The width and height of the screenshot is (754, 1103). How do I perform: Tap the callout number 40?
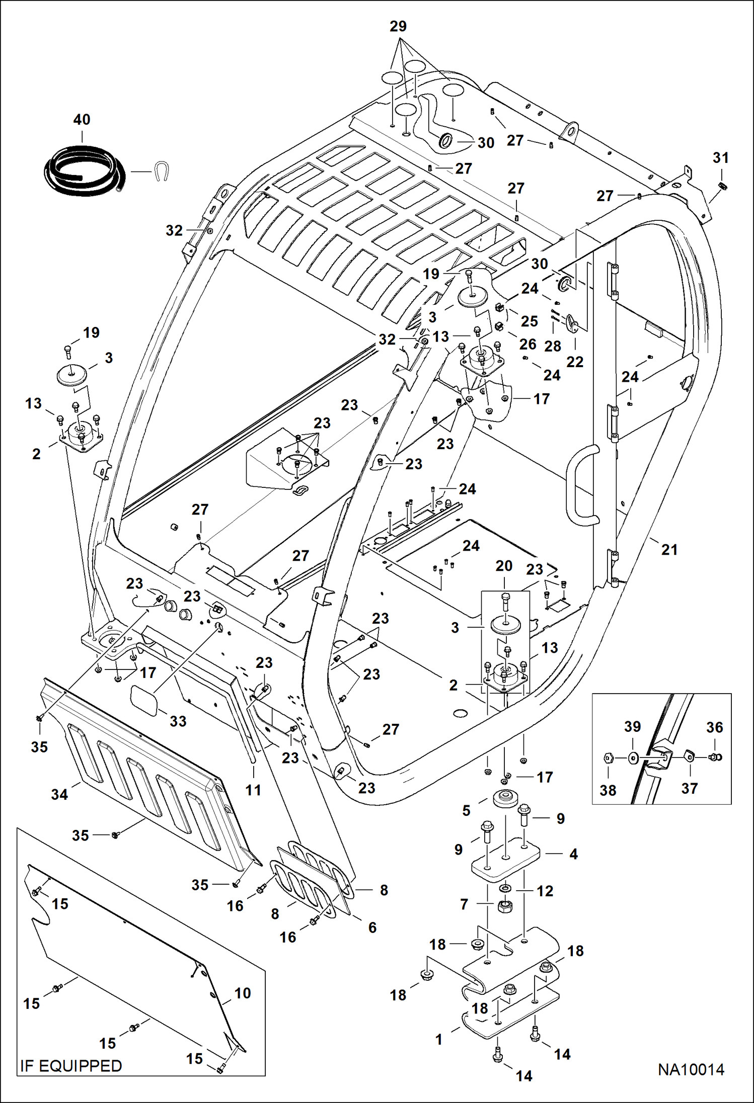click(82, 120)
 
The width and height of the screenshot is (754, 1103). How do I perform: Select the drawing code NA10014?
click(691, 1070)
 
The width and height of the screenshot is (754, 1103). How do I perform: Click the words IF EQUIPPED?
click(71, 1066)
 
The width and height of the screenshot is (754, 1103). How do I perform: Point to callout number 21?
click(669, 550)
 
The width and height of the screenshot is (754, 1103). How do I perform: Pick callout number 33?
click(178, 721)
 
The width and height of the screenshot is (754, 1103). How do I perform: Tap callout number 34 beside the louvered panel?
click(59, 795)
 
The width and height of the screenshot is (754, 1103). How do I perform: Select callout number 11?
click(253, 790)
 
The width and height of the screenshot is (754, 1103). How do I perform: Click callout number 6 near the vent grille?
click(372, 927)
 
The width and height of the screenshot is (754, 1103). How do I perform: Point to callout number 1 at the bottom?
click(439, 1039)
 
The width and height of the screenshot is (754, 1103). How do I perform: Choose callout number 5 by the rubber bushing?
click(466, 810)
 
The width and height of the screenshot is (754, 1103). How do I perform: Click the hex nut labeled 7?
click(504, 906)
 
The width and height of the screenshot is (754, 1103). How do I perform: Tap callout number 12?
click(545, 891)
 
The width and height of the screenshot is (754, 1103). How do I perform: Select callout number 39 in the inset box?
click(633, 727)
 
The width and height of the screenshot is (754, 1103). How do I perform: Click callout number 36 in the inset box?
click(715, 727)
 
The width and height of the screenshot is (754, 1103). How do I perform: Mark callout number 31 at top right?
click(721, 158)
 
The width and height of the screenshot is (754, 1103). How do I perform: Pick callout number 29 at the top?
click(398, 27)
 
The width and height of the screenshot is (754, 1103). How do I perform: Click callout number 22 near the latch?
click(575, 362)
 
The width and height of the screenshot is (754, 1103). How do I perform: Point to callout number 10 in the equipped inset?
click(243, 993)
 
